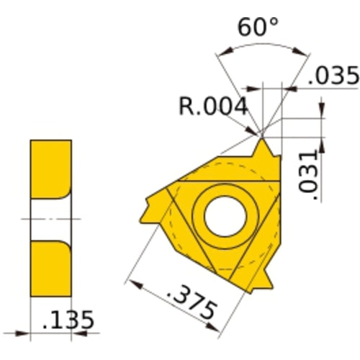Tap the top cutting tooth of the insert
coord(264,152)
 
